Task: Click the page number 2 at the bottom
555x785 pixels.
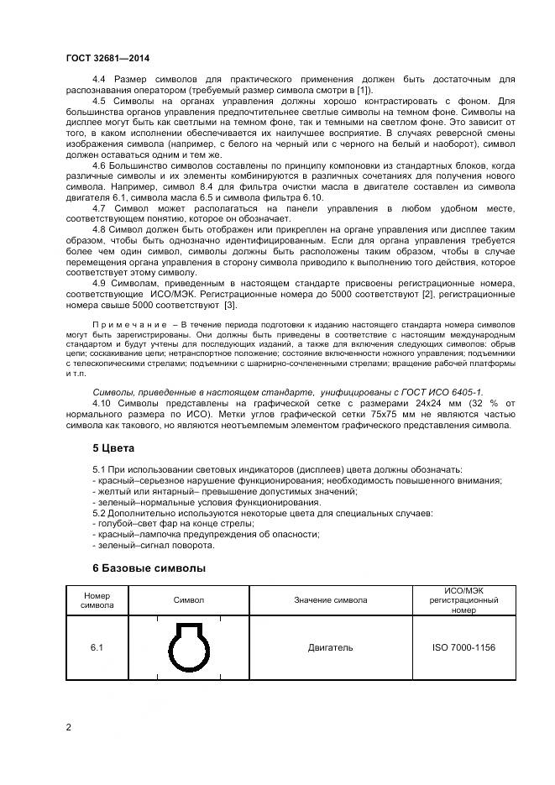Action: [x=69, y=726]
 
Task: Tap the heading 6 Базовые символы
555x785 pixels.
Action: [x=148, y=568]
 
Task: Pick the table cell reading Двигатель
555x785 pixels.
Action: [x=330, y=647]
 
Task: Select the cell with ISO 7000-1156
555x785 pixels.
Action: [x=464, y=647]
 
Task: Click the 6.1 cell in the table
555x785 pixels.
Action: [x=97, y=647]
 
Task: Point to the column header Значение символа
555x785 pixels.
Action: [x=330, y=600]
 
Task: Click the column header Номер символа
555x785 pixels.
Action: [x=97, y=600]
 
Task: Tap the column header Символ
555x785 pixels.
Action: [x=189, y=600]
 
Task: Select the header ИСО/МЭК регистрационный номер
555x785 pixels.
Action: [x=464, y=600]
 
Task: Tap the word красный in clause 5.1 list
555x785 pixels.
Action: [x=112, y=480]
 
